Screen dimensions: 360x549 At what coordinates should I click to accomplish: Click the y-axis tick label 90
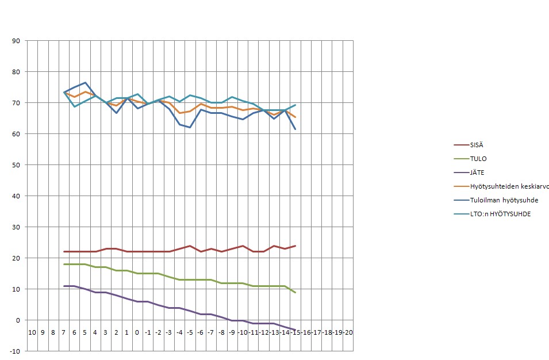click(x=16, y=41)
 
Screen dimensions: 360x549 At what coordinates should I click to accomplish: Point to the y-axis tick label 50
click(x=16, y=165)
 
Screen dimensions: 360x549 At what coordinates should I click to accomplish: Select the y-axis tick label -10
click(x=15, y=351)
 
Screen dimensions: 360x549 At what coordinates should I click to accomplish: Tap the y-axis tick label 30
click(x=16, y=227)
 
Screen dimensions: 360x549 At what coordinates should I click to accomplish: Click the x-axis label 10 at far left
click(x=32, y=332)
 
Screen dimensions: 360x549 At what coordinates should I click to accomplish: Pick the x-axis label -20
click(x=348, y=332)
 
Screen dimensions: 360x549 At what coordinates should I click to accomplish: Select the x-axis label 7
click(x=64, y=332)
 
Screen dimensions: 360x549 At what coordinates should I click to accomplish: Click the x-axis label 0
click(x=137, y=332)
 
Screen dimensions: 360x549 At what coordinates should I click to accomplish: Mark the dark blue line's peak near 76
click(x=85, y=82)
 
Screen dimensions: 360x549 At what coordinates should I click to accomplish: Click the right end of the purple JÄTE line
click(x=295, y=330)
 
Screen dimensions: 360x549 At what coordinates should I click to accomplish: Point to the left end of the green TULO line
click(x=64, y=264)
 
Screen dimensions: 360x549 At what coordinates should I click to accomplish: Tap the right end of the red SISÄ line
click(x=295, y=246)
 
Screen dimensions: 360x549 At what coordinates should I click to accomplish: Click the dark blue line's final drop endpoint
click(x=295, y=129)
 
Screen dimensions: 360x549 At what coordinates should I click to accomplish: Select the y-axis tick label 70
click(x=16, y=103)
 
